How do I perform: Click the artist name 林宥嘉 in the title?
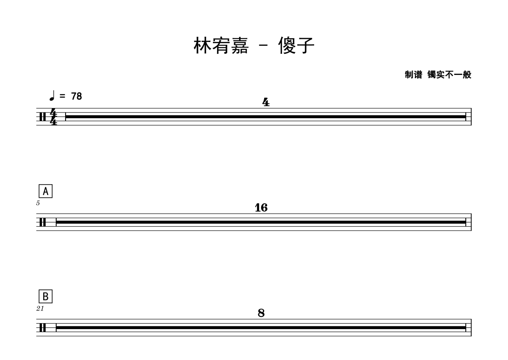click(x=221, y=46)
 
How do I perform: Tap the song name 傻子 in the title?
click(x=296, y=46)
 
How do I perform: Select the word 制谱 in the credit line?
click(x=414, y=75)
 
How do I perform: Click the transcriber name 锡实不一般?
click(x=449, y=75)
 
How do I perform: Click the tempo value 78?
click(x=77, y=97)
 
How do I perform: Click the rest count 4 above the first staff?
click(x=266, y=102)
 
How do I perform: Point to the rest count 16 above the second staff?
click(x=261, y=208)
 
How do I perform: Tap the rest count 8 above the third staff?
click(x=261, y=313)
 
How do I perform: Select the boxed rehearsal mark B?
click(x=45, y=296)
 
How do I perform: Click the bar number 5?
click(x=38, y=203)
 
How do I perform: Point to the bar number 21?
click(x=40, y=309)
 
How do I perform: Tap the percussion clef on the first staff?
click(x=42, y=116)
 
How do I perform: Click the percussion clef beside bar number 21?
click(x=42, y=328)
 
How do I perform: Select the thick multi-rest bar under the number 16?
click(x=261, y=222)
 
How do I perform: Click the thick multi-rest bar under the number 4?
click(x=266, y=116)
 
